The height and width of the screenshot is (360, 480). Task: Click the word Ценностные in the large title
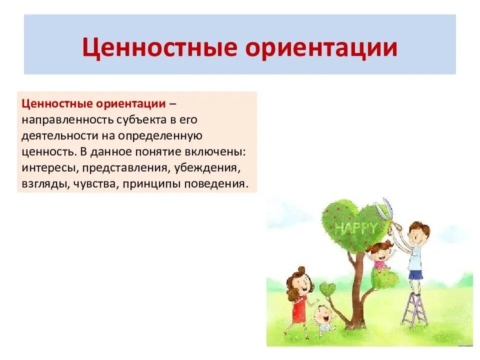click(x=159, y=48)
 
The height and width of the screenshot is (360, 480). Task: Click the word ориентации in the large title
click(x=321, y=48)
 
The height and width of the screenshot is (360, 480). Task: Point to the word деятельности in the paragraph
click(x=60, y=136)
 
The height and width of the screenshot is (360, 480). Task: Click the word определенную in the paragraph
click(x=160, y=136)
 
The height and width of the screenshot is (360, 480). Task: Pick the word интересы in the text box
click(x=50, y=168)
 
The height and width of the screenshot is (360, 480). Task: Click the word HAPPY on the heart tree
click(x=355, y=228)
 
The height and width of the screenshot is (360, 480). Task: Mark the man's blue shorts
click(x=415, y=274)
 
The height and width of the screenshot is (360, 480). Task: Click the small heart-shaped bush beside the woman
click(x=327, y=289)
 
